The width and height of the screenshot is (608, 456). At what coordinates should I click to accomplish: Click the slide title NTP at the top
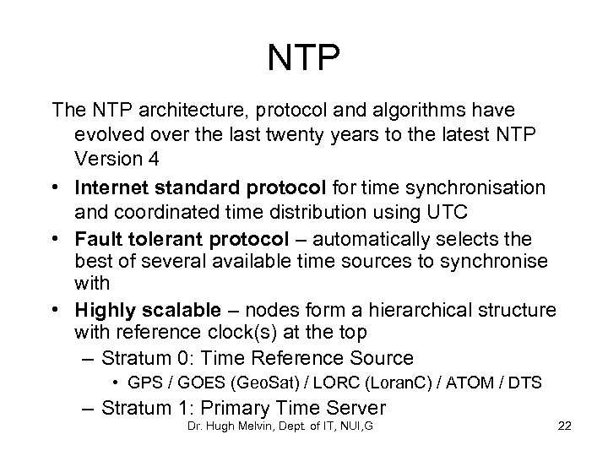pos(304,58)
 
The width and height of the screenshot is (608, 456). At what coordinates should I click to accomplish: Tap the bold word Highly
pos(101,309)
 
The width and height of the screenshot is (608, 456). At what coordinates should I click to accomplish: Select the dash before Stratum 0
pos(86,357)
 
